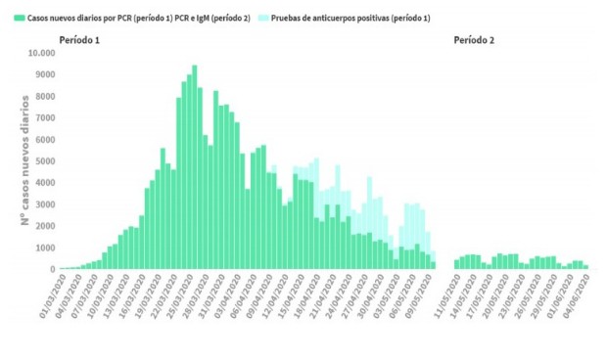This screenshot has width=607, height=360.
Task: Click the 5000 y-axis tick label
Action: (x=44, y=161)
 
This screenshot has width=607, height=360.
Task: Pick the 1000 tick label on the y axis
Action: (x=44, y=247)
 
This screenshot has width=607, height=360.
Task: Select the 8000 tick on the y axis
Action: (x=44, y=97)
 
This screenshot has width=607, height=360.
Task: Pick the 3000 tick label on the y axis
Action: (x=44, y=204)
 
